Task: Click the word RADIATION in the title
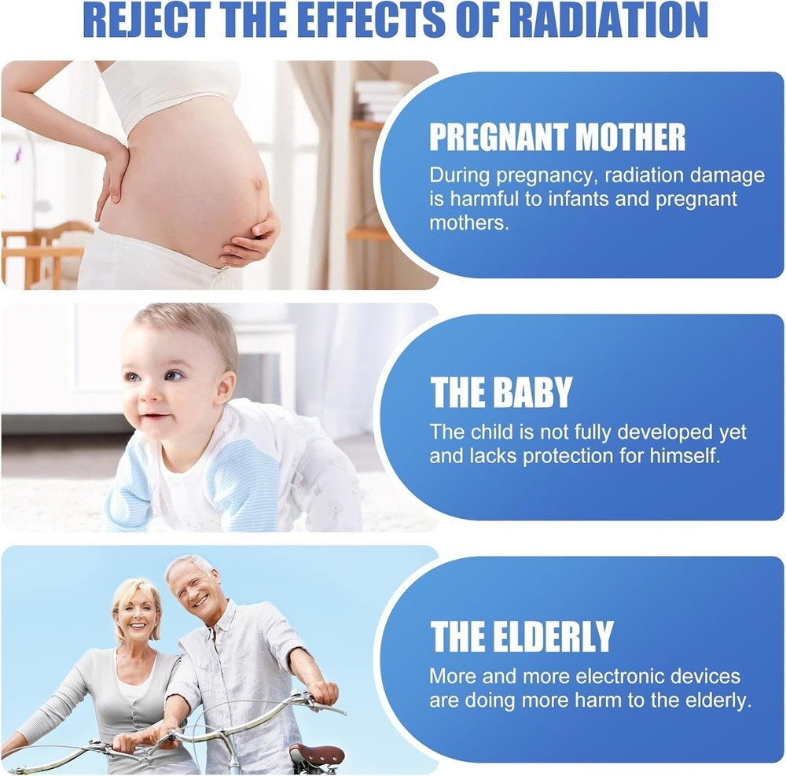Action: [612, 20]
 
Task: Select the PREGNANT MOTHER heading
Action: [557, 137]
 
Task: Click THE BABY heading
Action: [501, 392]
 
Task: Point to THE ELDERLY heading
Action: [522, 636]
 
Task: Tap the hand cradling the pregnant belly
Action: [251, 240]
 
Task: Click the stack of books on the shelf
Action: [379, 101]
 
